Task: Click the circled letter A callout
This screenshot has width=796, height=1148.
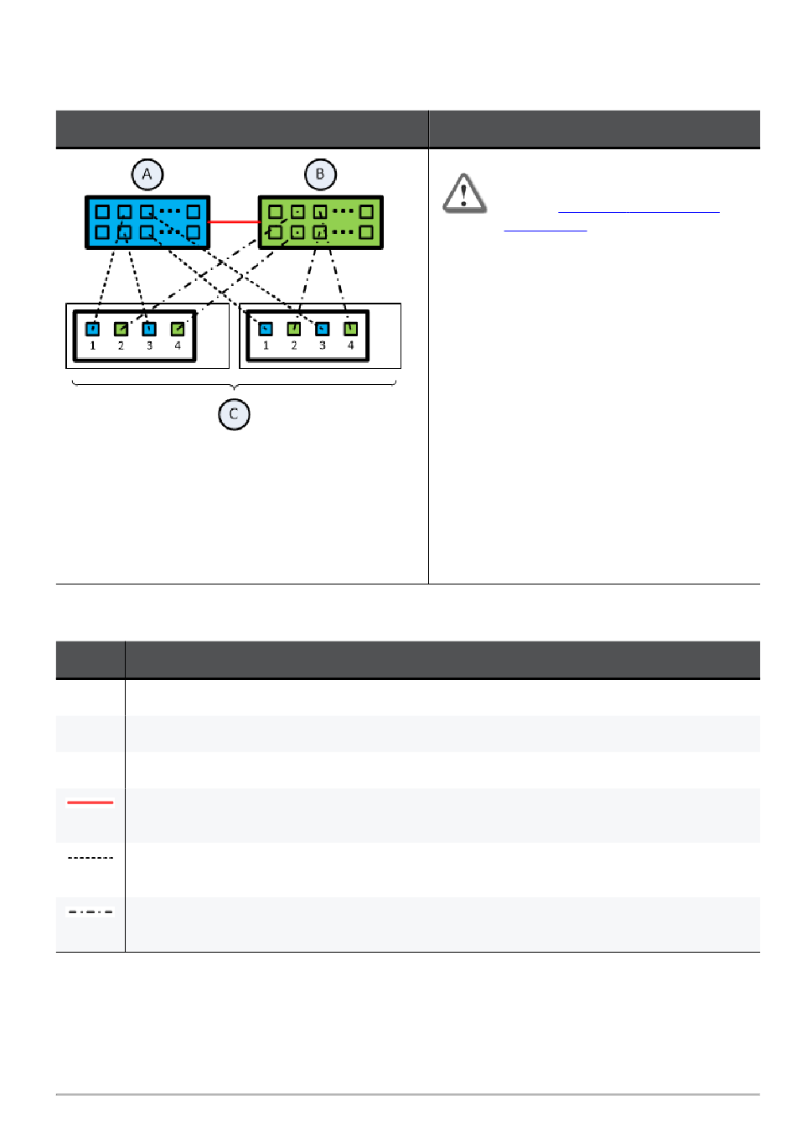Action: [147, 174]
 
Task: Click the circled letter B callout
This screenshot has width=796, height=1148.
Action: [319, 174]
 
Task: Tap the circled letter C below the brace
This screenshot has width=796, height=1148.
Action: [234, 414]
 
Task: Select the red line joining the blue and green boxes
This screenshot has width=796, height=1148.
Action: [234, 222]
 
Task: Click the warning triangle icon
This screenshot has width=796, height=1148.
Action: [463, 194]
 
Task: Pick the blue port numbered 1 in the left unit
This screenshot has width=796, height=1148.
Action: [93, 329]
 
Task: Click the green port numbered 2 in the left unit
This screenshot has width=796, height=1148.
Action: [121, 329]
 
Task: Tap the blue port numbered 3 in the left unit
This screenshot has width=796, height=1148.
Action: [149, 329]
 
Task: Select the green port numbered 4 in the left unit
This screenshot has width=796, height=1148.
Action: [178, 329]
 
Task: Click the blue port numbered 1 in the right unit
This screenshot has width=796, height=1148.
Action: [266, 329]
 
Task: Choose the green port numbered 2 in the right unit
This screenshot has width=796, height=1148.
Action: [294, 329]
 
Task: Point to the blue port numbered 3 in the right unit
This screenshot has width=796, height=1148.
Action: [322, 329]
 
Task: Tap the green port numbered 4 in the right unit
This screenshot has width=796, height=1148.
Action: [350, 329]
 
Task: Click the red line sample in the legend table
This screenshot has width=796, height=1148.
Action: [90, 803]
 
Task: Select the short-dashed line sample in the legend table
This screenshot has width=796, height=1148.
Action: [90, 858]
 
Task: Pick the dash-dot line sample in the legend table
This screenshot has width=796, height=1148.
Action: [90, 912]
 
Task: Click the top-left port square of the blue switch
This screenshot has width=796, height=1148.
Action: [102, 212]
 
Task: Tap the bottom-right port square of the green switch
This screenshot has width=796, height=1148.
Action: [366, 232]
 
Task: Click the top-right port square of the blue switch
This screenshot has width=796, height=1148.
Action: [194, 212]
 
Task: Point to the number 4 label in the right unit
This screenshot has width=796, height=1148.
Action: [350, 345]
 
